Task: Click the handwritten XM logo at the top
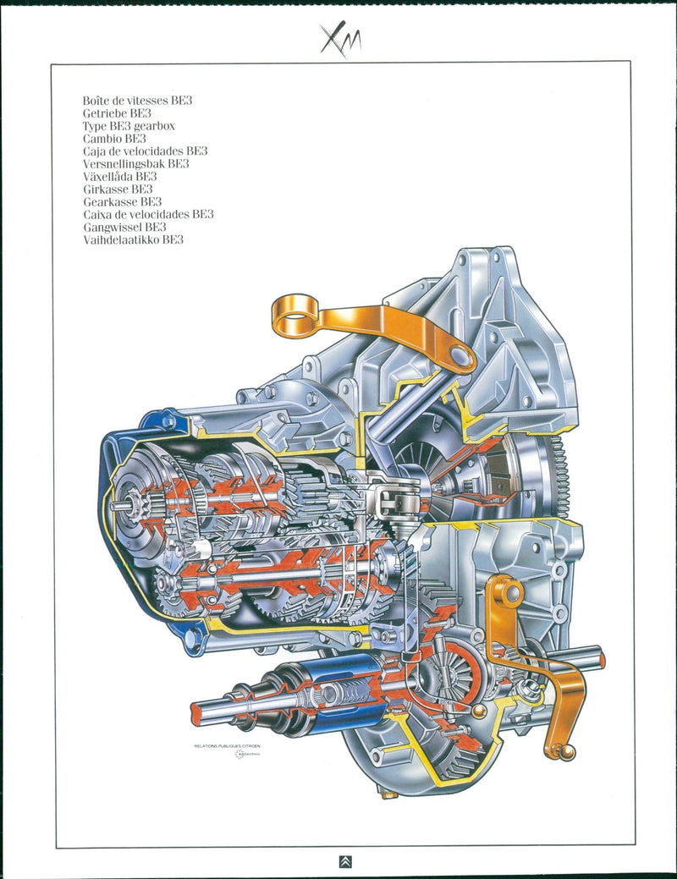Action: coord(340,39)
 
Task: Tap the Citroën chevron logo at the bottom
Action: coord(344,862)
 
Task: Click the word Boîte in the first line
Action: coord(97,100)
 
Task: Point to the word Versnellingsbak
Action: coord(124,163)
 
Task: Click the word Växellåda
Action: coord(108,176)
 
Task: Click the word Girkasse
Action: coord(105,189)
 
